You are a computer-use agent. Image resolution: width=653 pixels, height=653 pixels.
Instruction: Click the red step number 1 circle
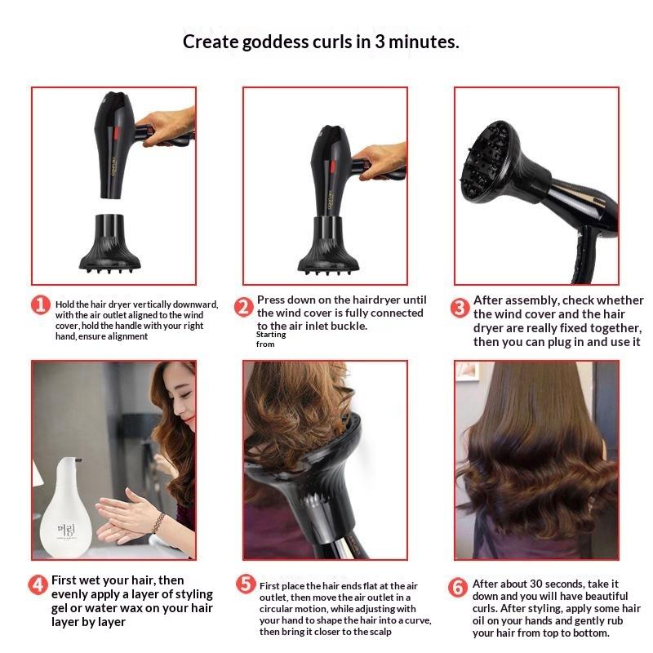pyautogui.click(x=41, y=304)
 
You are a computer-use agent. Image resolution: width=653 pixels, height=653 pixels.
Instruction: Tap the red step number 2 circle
pyautogui.click(x=243, y=307)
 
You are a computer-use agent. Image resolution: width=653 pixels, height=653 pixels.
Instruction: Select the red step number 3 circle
pyautogui.click(x=460, y=309)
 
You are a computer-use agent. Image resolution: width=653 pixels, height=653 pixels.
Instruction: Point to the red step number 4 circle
pyautogui.click(x=38, y=584)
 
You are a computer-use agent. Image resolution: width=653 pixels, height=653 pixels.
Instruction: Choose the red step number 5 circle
pyautogui.click(x=247, y=584)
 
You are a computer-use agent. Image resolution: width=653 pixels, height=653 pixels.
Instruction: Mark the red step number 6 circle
pyautogui.click(x=458, y=587)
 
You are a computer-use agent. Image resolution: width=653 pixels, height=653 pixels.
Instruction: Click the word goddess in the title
pyautogui.click(x=274, y=42)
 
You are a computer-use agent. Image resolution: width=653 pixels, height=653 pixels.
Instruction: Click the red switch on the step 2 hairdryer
pyautogui.click(x=333, y=167)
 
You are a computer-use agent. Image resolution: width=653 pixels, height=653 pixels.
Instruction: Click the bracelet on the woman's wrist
pyautogui.click(x=158, y=523)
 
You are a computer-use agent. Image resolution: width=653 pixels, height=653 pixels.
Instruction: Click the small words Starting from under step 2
pyautogui.click(x=271, y=339)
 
